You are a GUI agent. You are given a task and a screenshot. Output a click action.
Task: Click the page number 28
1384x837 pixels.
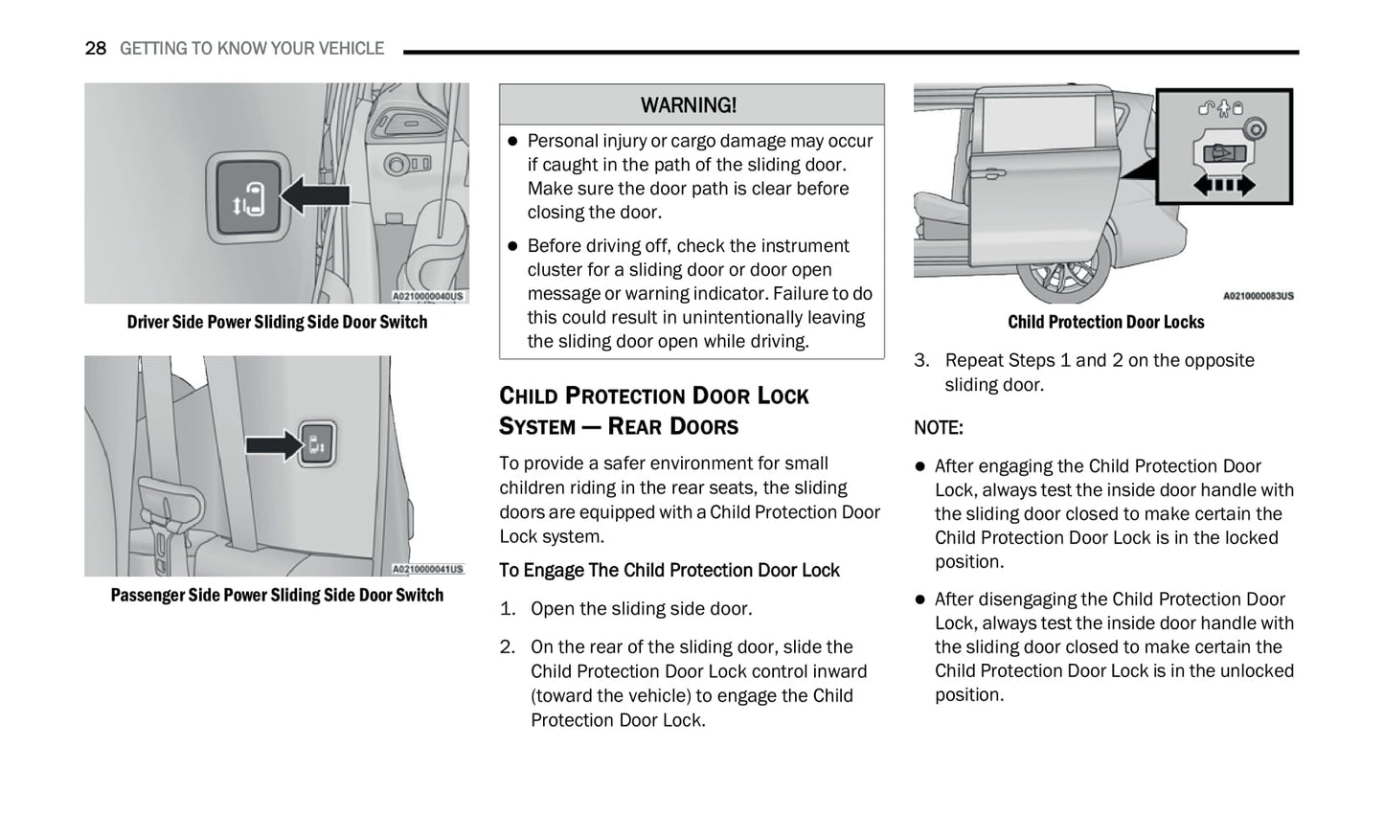[95, 48]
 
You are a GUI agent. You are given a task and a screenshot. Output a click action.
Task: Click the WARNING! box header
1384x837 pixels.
[689, 105]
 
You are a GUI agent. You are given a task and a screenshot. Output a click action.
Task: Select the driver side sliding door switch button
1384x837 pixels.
[247, 197]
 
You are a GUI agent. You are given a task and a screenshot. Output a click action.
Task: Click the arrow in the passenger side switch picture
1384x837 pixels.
[273, 445]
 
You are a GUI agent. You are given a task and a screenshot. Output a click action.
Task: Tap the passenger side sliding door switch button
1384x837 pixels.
[316, 444]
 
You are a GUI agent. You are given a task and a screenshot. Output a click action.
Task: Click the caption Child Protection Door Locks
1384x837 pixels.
[1105, 323]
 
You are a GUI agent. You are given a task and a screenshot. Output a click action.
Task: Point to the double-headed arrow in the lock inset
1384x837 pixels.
[1224, 185]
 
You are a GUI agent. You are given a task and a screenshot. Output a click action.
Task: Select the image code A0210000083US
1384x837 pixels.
[1258, 297]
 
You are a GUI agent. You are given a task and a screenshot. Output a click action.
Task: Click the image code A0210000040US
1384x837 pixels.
[428, 297]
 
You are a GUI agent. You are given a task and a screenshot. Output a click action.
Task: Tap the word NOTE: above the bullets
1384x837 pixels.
[939, 428]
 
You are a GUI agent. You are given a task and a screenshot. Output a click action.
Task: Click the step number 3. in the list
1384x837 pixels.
[921, 361]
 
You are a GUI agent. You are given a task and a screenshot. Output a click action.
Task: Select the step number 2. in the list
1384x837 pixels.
[508, 647]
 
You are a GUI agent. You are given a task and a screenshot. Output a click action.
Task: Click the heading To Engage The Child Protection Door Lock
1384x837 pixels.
[669, 571]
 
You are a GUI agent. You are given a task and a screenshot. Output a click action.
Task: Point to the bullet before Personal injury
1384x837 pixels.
[512, 141]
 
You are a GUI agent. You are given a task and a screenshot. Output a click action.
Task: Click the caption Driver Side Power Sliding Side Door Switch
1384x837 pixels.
[277, 323]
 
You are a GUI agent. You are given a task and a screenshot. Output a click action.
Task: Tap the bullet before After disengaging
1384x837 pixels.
[920, 599]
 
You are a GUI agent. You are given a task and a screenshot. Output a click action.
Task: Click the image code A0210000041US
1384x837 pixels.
[428, 570]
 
